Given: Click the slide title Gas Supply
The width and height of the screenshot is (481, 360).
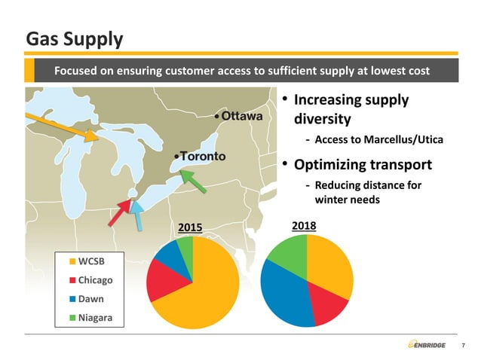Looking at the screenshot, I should point(75,38).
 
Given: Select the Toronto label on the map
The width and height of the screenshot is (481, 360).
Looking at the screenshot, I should point(201,156).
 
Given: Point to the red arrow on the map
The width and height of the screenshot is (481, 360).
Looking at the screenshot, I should point(120,212).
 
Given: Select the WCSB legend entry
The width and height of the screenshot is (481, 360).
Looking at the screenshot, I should point(90,261).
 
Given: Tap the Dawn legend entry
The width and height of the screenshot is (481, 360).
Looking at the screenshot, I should point(90,299).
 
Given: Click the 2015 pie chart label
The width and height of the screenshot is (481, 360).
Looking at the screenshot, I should point(190,227).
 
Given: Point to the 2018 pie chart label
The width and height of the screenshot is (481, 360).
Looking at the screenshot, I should point(303,225).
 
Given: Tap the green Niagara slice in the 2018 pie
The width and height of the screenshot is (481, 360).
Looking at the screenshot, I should point(290,252).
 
